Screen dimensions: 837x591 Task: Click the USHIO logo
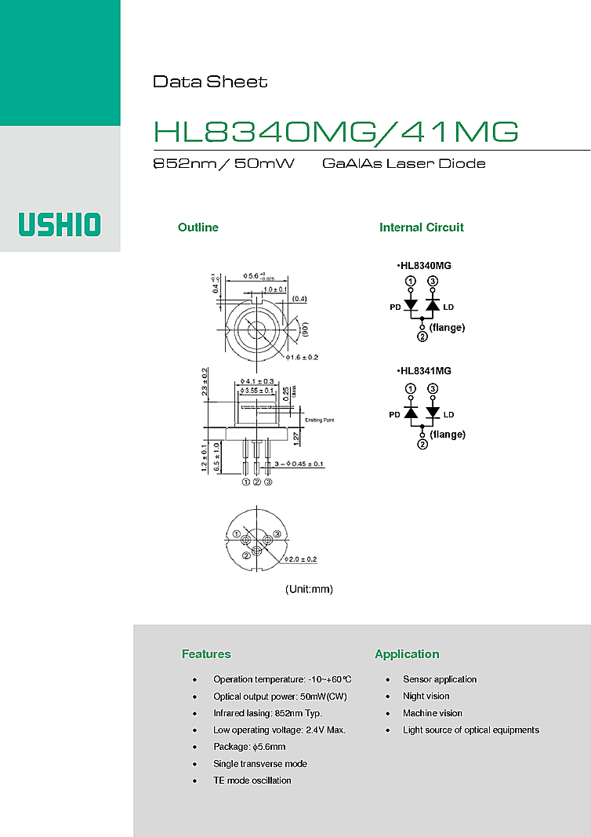coord(60,224)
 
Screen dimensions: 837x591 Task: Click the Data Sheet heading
coord(209,82)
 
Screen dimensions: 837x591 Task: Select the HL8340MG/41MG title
coord(335,132)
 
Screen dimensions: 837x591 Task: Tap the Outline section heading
coord(198,227)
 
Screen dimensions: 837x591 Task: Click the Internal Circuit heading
coord(421,227)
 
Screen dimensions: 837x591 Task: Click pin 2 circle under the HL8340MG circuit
coord(422,337)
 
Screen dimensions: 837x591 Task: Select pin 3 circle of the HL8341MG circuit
coord(433,389)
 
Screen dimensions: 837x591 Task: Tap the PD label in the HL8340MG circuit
coord(396,307)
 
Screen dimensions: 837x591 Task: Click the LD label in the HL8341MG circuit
coord(448,414)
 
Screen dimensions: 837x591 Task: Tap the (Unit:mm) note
coord(309,589)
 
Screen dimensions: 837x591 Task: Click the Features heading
coord(206,654)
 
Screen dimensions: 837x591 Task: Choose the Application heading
coord(407,654)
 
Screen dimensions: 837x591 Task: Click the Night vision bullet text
coord(426,696)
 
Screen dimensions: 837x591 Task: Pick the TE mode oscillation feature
coord(252,781)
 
